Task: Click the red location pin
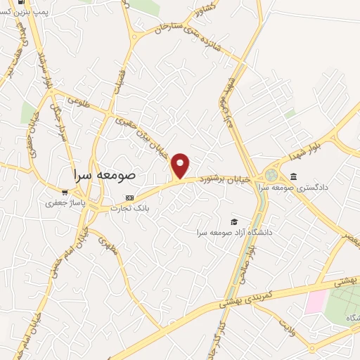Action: pos(181,165)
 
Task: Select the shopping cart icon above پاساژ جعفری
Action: pos(65,191)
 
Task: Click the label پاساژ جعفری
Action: pos(61,203)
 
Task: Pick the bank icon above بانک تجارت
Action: pos(129,198)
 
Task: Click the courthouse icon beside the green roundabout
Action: pos(293,176)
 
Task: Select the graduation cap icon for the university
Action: pos(234,221)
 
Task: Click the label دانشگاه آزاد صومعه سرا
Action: pos(234,232)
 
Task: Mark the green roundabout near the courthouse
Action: pos(271,174)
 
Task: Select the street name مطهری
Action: pos(107,246)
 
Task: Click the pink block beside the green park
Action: pos(314,302)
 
